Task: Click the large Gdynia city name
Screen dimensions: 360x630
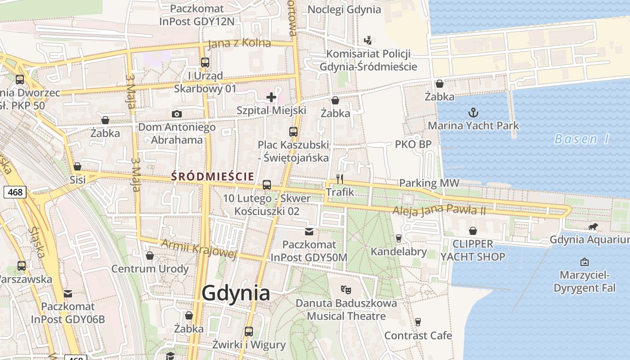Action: (236, 293)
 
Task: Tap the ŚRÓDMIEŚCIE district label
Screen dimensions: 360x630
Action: (212, 176)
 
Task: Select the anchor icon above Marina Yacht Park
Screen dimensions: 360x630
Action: (473, 112)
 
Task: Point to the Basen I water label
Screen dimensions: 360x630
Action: (581, 139)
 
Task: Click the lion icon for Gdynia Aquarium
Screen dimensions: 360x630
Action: (593, 227)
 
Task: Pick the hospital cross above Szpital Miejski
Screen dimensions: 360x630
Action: (271, 97)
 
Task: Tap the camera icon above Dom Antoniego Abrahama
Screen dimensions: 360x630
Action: (177, 114)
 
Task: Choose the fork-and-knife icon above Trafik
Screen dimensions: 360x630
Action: (340, 179)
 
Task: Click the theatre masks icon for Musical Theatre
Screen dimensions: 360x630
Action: (346, 289)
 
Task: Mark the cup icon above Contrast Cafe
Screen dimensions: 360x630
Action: (418, 322)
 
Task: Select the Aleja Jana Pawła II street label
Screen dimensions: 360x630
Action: (439, 210)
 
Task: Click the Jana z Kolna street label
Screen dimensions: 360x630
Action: (239, 44)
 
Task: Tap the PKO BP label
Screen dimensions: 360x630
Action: (413, 144)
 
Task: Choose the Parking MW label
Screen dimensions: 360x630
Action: (429, 183)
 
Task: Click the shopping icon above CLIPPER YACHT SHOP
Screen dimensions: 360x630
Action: (473, 231)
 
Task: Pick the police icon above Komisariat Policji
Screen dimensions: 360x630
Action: (368, 40)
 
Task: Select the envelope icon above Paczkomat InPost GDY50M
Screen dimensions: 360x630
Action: (309, 232)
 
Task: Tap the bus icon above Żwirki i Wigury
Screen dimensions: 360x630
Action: (249, 332)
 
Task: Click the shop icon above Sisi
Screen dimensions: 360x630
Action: (77, 166)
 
